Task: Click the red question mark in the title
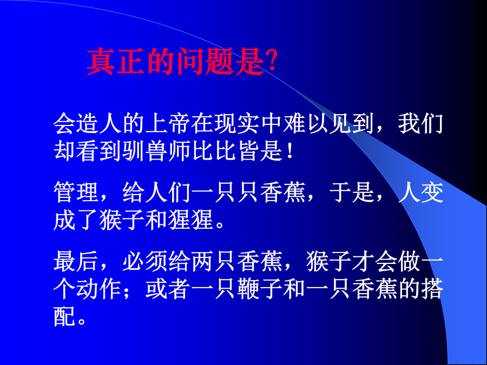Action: [271, 61]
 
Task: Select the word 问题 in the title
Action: [205, 62]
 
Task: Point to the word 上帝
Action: [168, 124]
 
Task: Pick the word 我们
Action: [420, 124]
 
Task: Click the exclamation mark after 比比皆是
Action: [290, 151]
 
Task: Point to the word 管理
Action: [76, 193]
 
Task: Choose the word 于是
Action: [352, 193]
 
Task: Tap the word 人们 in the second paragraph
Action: [168, 193]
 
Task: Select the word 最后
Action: [76, 261]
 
